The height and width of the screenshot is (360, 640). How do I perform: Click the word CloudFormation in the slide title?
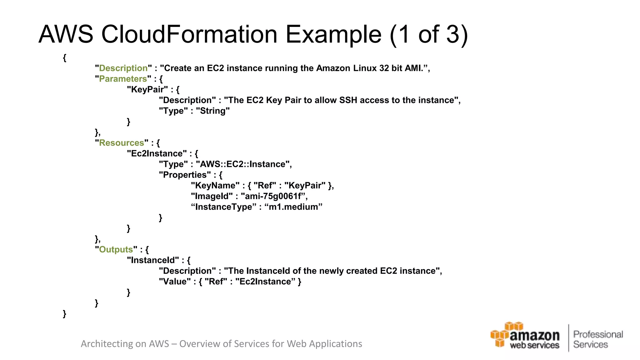(x=189, y=34)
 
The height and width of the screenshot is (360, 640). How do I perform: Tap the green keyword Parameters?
(x=123, y=79)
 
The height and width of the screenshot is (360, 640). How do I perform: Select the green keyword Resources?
(x=121, y=143)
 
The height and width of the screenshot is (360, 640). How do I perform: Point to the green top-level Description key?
(x=123, y=68)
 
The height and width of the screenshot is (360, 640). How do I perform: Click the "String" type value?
(x=213, y=111)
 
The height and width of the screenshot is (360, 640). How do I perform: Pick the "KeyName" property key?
(x=215, y=186)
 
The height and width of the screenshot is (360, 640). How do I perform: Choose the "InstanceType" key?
(x=223, y=207)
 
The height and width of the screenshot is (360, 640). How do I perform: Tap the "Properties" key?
(x=185, y=175)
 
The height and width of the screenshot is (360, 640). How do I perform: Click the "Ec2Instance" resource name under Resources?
(x=157, y=153)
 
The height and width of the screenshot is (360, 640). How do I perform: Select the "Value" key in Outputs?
(x=175, y=282)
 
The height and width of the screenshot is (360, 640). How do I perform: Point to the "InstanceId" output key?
(x=153, y=260)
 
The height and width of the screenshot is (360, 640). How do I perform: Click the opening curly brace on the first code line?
(x=64, y=58)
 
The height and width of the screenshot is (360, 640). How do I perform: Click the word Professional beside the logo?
(x=598, y=334)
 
